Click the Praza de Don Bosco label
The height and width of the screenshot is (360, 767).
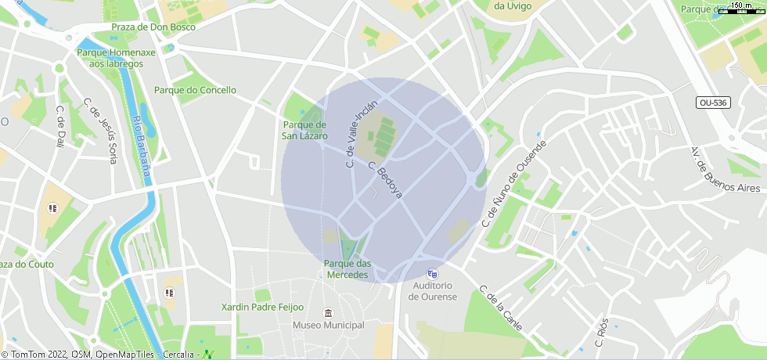(153, 27)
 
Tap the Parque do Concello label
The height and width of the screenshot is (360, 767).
(195, 90)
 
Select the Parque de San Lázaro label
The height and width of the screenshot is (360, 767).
(304, 130)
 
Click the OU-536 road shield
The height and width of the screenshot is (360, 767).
(712, 103)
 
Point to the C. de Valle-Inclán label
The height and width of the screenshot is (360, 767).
(362, 135)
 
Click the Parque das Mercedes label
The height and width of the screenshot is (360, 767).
(348, 269)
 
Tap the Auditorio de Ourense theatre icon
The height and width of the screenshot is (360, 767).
(432, 274)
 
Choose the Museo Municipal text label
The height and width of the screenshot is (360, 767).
(328, 325)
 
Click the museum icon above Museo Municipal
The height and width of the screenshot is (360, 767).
(328, 313)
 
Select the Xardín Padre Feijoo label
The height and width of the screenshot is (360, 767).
(262, 308)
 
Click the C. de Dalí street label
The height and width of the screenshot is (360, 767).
(60, 128)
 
